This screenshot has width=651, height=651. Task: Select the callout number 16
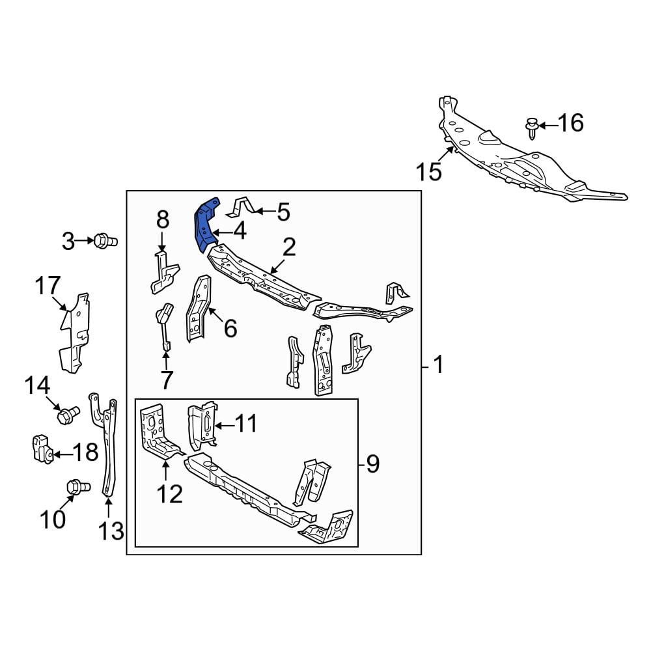tap(570, 123)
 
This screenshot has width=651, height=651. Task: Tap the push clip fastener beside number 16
tap(531, 128)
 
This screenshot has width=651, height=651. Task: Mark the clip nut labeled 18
tap(43, 449)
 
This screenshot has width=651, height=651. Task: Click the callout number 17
tap(48, 285)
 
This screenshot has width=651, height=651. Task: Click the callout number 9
tap(373, 464)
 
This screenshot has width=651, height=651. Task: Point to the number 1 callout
tap(438, 365)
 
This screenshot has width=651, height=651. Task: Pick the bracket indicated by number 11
tap(203, 425)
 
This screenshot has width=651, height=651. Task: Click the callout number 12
tap(170, 493)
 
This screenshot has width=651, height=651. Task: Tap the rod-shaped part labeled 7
tap(165, 326)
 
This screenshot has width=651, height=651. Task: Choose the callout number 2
tap(289, 247)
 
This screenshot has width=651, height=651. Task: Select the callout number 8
tap(163, 219)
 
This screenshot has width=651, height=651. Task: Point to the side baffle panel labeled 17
tap(75, 332)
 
